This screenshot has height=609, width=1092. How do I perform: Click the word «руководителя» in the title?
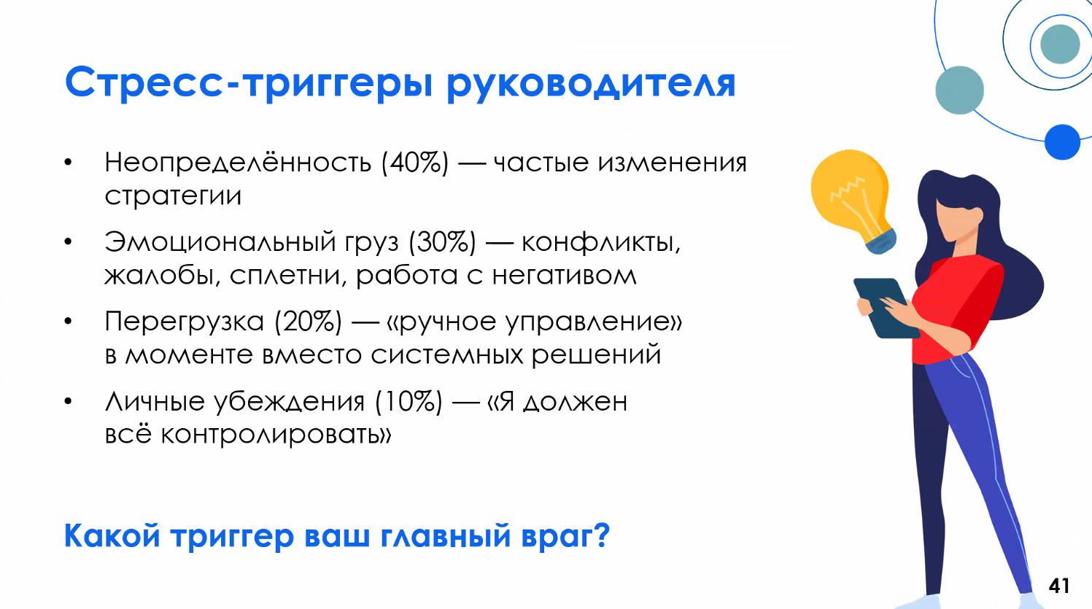click(590, 84)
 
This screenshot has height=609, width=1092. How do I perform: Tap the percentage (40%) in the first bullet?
click(414, 162)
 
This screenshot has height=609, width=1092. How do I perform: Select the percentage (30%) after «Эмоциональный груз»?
click(442, 241)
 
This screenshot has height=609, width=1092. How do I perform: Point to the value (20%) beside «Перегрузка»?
click(308, 321)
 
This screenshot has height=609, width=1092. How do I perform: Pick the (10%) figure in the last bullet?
click(408, 401)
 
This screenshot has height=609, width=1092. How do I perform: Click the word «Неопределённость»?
click(238, 162)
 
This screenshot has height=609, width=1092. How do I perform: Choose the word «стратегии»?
click(173, 195)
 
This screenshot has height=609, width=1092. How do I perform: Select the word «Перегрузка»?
click(184, 321)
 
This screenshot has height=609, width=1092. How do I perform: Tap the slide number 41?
click(1059, 585)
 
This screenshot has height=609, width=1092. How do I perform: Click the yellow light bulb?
click(851, 191)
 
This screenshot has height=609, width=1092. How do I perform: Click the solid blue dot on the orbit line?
click(1061, 142)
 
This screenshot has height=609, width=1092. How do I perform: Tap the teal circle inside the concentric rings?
click(1059, 44)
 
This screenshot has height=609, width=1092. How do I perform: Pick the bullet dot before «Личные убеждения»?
click(68, 401)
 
